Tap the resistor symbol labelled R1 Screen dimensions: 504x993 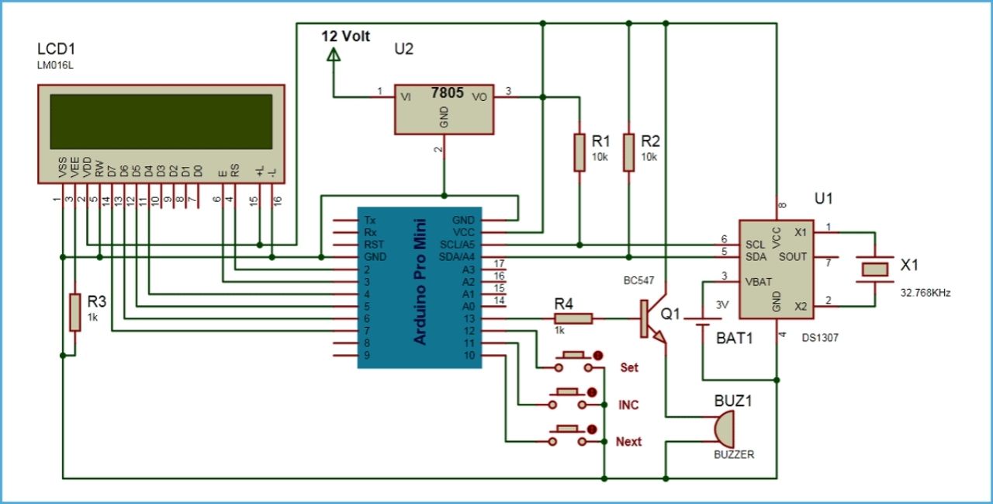580,152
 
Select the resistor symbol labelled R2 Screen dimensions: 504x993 629,152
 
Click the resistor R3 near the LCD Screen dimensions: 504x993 74,311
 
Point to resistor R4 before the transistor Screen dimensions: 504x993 573,318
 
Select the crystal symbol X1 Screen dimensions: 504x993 876,269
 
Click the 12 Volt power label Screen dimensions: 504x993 346,36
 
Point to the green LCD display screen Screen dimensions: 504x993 161,122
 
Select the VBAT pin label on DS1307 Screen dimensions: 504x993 759,281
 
